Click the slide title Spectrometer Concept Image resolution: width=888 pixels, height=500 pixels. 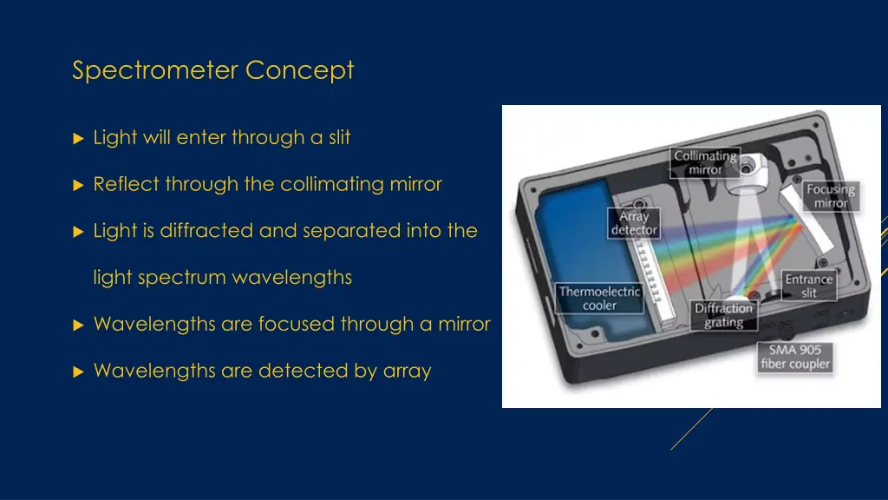pyautogui.click(x=212, y=69)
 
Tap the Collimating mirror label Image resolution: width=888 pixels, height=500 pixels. pyautogui.click(x=705, y=162)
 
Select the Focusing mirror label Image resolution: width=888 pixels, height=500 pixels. pyautogui.click(x=830, y=195)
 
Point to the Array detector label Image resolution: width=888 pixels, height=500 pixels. pyautogui.click(x=634, y=223)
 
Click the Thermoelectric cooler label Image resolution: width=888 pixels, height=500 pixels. pyautogui.click(x=599, y=298)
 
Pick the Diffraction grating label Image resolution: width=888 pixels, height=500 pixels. pyautogui.click(x=724, y=315)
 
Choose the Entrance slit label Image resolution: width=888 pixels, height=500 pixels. pyautogui.click(x=808, y=286)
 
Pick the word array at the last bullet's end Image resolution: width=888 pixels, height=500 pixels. pyautogui.click(x=407, y=372)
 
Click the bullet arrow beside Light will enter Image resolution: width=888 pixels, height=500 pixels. pyautogui.click(x=78, y=138)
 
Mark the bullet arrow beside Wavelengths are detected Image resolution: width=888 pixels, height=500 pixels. pyautogui.click(x=78, y=372)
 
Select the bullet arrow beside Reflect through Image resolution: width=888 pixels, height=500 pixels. pyautogui.click(x=78, y=185)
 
